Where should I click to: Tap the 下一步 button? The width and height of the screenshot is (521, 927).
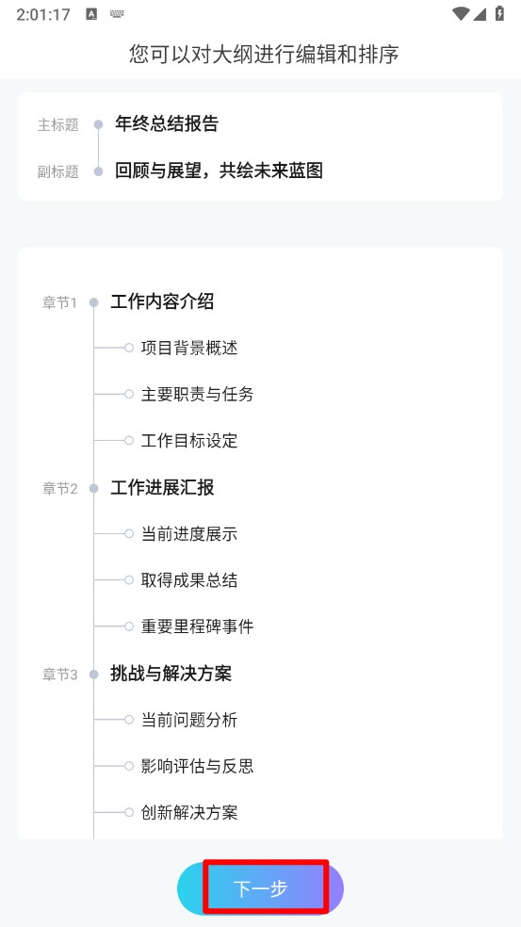click(260, 888)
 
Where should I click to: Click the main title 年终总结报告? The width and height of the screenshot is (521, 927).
click(167, 123)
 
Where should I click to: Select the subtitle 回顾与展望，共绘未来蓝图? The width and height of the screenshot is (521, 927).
click(219, 171)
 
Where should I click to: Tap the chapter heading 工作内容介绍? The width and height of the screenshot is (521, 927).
click(162, 302)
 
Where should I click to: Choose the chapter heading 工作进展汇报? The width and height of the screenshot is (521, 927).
click(162, 488)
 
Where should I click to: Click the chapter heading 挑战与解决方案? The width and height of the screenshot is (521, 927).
click(171, 674)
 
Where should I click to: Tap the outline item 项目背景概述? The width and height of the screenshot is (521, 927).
click(189, 348)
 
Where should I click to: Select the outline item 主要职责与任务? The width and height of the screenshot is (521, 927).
click(198, 395)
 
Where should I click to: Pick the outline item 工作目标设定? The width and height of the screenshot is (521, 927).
click(189, 441)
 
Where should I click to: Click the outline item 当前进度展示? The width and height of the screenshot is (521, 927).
click(189, 534)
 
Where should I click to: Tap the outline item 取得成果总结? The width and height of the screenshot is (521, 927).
click(189, 580)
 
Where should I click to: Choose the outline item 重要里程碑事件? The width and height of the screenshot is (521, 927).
click(198, 626)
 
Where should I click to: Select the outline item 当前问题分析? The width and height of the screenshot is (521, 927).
click(189, 720)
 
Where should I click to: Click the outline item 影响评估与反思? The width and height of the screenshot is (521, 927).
click(198, 766)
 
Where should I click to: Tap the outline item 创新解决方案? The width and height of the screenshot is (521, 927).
click(189, 812)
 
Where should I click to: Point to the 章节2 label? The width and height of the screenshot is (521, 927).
click(59, 488)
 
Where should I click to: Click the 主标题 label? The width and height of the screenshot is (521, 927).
click(58, 124)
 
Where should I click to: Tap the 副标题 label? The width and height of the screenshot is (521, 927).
click(58, 171)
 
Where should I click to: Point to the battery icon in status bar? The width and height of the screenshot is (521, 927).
click(499, 13)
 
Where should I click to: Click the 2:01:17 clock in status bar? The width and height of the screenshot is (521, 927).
click(43, 14)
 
